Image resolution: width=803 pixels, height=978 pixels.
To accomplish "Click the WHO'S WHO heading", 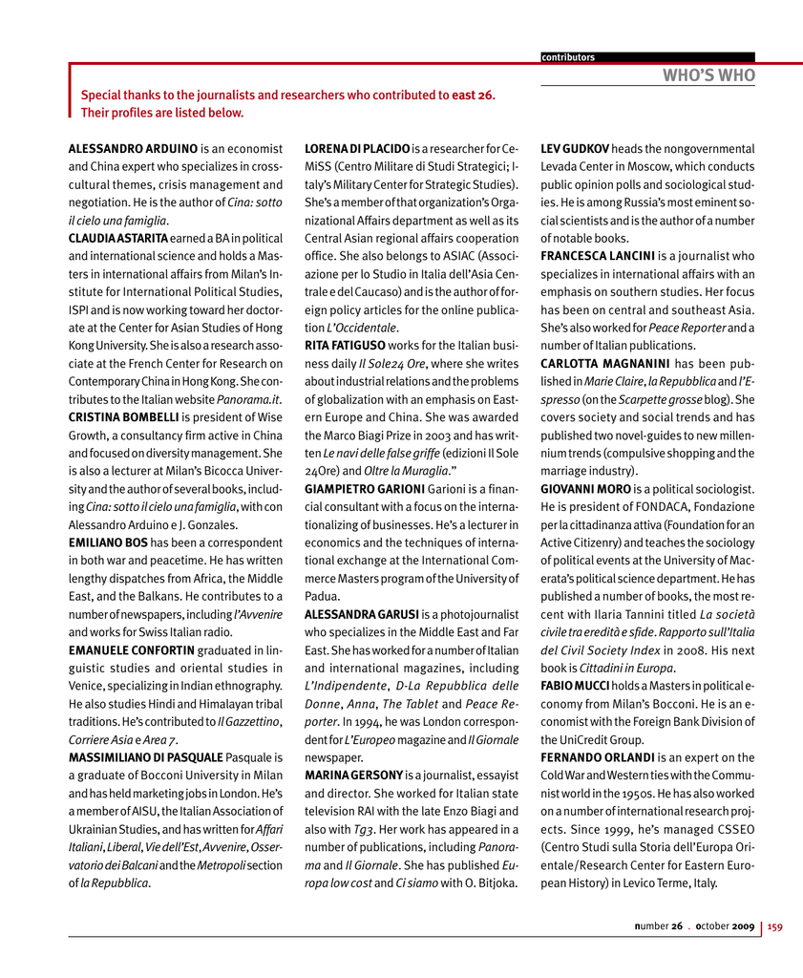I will click(x=710, y=75).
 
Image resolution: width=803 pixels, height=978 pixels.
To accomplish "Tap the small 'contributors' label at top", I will click(x=568, y=57).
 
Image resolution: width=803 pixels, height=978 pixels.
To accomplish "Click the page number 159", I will click(x=775, y=925).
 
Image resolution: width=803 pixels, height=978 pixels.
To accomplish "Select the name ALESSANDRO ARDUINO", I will click(x=133, y=149).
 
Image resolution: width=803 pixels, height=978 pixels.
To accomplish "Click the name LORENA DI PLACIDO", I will click(x=357, y=149).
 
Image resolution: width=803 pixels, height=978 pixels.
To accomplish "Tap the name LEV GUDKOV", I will click(x=576, y=149).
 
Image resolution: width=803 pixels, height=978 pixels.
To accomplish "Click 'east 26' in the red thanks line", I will click(x=474, y=96).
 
